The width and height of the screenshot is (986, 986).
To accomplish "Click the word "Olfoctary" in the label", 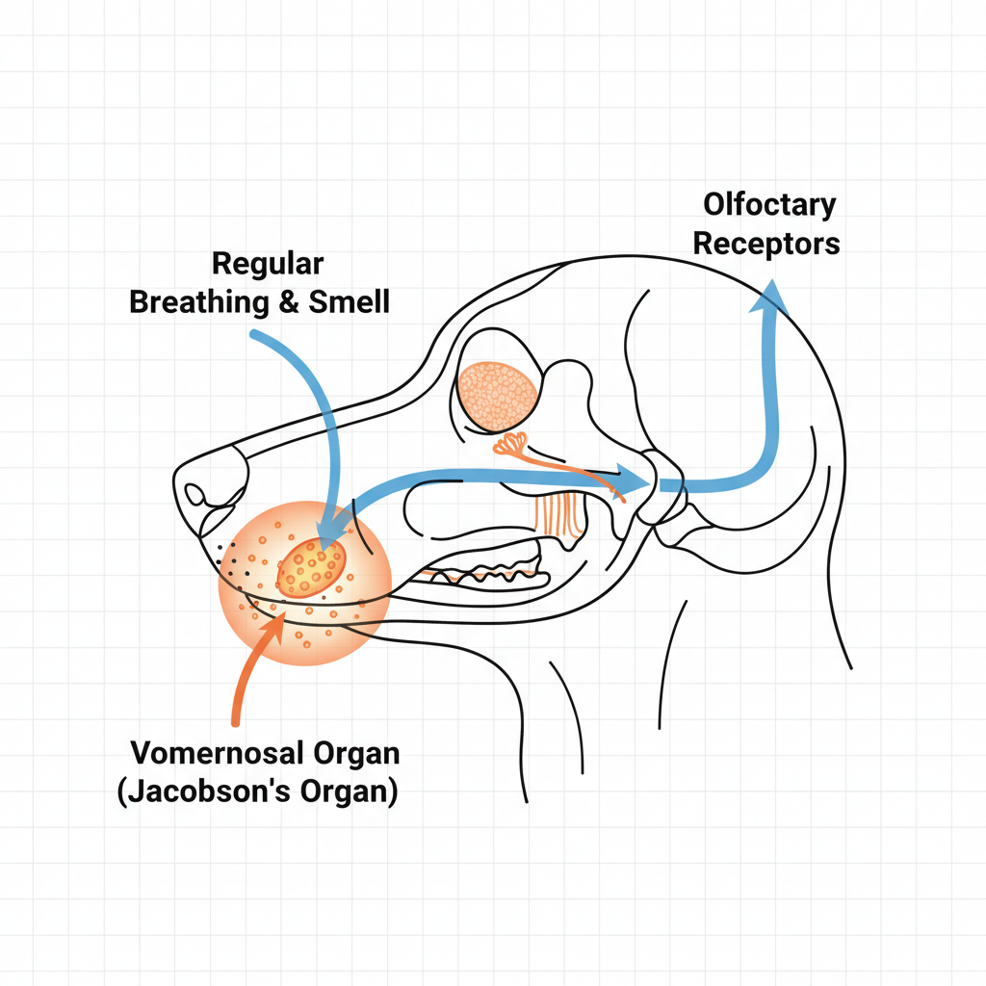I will (x=769, y=204).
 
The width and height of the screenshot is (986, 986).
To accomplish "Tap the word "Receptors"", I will (x=766, y=243).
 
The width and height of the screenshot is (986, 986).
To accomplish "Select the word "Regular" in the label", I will (x=268, y=263).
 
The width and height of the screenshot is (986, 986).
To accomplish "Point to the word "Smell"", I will (x=350, y=301).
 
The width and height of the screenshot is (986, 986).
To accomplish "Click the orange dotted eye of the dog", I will (x=497, y=394).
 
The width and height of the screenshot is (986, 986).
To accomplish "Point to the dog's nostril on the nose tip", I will (x=195, y=495).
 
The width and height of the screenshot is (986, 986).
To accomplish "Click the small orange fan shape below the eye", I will (x=512, y=443).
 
